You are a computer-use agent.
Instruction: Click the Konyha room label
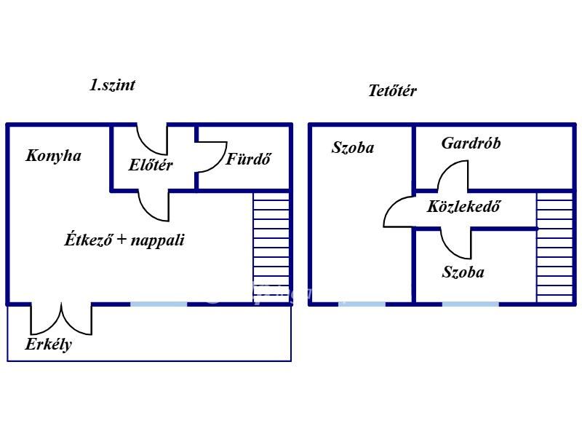click(x=53, y=155)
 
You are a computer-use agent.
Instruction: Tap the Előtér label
click(x=151, y=165)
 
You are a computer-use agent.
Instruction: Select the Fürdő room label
click(x=248, y=159)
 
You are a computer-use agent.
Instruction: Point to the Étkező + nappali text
click(x=124, y=240)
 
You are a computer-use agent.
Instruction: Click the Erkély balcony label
click(x=49, y=345)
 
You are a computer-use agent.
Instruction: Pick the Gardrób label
click(x=471, y=143)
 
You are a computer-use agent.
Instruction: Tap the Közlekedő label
click(x=464, y=206)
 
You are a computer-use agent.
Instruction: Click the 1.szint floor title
click(x=112, y=84)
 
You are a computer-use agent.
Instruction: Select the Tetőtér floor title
click(x=392, y=91)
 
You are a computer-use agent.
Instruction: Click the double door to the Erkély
click(x=61, y=318)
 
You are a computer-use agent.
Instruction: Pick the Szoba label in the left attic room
click(x=353, y=148)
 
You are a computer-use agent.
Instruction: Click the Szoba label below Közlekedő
click(x=463, y=273)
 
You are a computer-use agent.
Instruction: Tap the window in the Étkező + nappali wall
click(x=159, y=304)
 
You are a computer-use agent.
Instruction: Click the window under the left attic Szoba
click(x=362, y=304)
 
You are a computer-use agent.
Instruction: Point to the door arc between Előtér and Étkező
click(x=154, y=206)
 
